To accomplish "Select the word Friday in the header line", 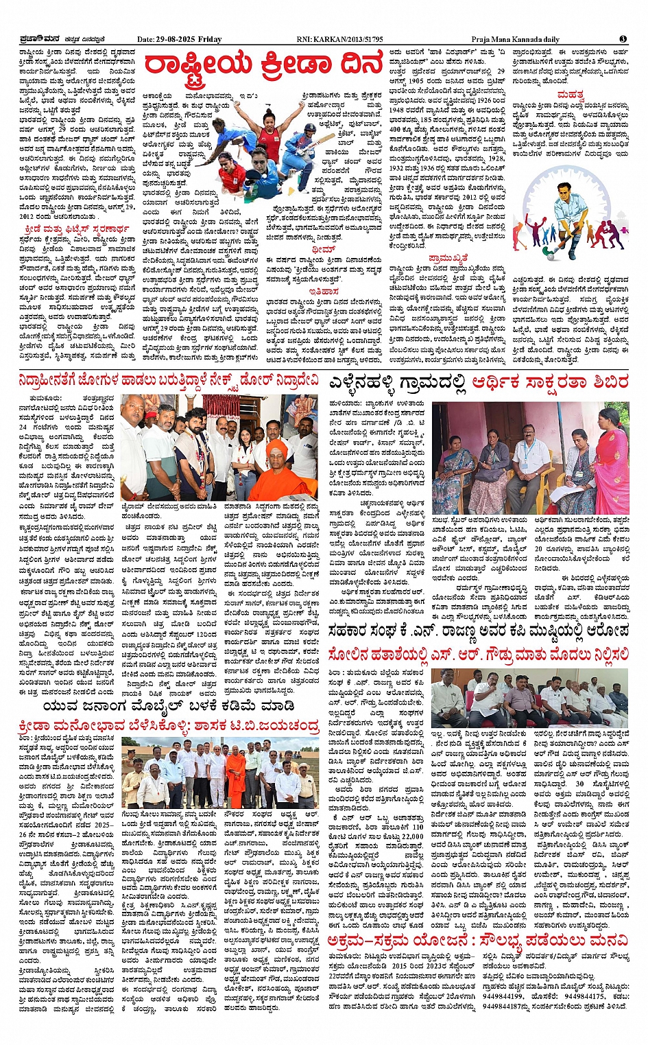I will [x=211, y=40].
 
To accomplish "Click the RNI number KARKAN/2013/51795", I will [x=350, y=40].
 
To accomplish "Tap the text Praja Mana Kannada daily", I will [x=515, y=40].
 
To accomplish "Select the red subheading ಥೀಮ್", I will [x=323, y=249].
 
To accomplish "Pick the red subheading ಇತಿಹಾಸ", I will [x=324, y=291].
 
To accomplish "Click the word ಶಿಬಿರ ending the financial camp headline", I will [x=608, y=382].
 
